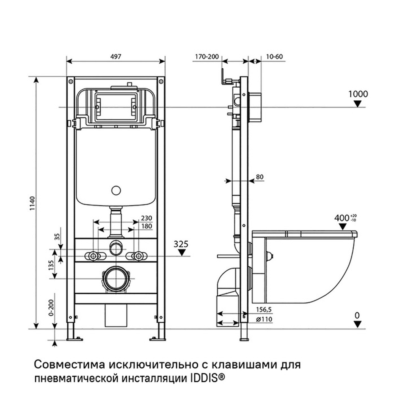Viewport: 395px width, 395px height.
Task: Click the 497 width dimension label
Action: (116, 56)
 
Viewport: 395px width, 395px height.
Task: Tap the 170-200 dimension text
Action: (206, 56)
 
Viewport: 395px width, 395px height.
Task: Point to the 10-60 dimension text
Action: (274, 56)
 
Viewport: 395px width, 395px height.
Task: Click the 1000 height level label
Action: (358, 94)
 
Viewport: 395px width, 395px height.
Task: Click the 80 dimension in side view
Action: (260, 177)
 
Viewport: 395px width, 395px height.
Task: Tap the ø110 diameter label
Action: (264, 319)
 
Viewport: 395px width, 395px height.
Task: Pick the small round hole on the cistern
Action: (116, 191)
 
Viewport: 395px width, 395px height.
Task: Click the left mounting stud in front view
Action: (93, 256)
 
